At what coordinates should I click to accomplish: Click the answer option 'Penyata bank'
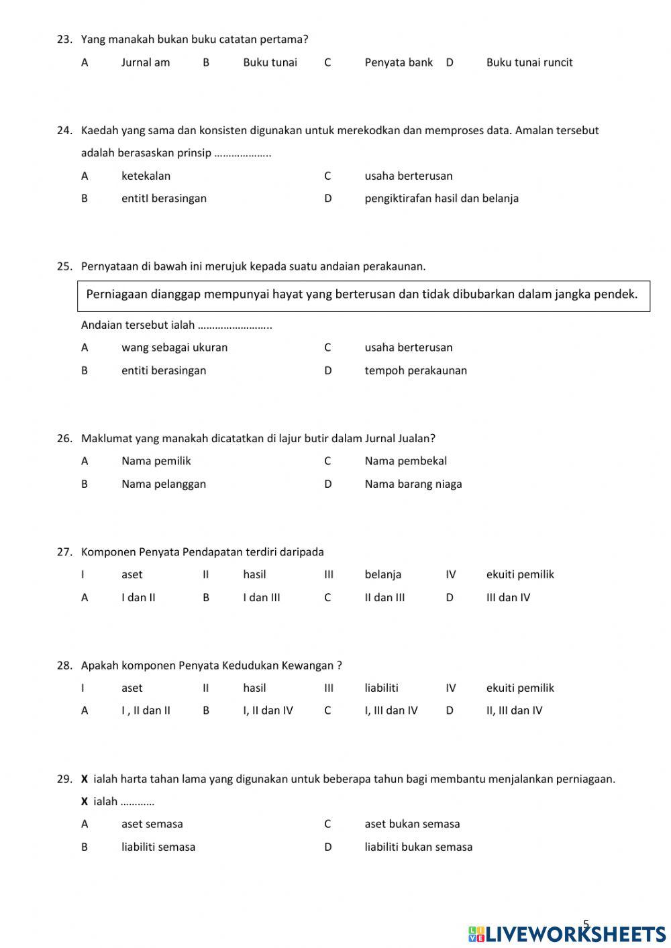(x=399, y=62)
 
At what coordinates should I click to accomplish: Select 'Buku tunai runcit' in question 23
(x=529, y=62)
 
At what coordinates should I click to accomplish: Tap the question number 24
(x=64, y=130)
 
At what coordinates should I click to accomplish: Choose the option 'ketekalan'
(x=146, y=176)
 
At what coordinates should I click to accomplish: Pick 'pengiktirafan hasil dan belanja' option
(x=441, y=198)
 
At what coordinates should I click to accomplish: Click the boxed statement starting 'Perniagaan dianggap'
(x=362, y=295)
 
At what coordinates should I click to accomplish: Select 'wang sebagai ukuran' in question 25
(x=174, y=348)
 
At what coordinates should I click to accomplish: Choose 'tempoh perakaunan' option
(x=415, y=370)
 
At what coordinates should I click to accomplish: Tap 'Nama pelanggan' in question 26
(x=163, y=484)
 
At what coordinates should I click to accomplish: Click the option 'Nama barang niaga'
(x=413, y=484)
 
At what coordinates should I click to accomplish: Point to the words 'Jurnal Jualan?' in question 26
(x=400, y=438)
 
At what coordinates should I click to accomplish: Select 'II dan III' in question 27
(x=384, y=597)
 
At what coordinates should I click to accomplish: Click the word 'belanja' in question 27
(x=382, y=574)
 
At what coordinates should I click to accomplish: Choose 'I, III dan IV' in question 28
(x=391, y=710)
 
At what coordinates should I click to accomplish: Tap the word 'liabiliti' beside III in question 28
(x=381, y=688)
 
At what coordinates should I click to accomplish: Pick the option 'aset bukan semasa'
(x=412, y=824)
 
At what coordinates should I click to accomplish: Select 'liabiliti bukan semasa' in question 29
(x=418, y=847)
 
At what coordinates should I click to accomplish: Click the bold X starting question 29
(x=85, y=779)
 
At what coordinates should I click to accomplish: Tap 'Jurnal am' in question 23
(x=145, y=62)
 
